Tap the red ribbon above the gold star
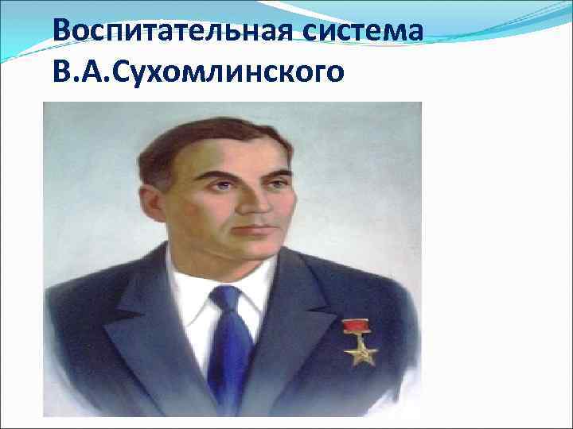(x=355, y=324)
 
